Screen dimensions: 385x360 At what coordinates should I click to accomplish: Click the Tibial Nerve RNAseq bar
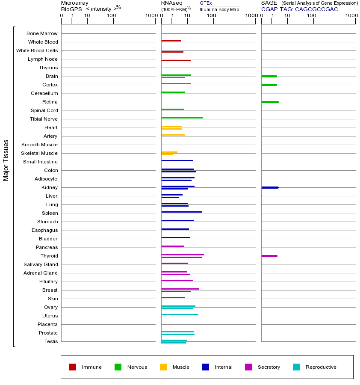point(182,118)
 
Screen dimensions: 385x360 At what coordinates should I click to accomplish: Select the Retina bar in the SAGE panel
point(270,102)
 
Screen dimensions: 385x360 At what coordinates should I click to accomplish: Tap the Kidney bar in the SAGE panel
point(270,187)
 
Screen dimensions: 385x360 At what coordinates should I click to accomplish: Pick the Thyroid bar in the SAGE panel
point(269,256)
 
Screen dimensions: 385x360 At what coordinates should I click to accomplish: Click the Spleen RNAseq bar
point(181,212)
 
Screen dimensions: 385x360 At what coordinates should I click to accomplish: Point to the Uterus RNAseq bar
point(180,314)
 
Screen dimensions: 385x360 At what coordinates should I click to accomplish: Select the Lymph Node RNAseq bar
point(176,60)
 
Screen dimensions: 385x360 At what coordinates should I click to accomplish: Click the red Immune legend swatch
point(73,367)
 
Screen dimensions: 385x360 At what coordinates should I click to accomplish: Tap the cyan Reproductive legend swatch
point(296,367)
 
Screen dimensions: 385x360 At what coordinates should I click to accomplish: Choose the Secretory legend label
point(269,367)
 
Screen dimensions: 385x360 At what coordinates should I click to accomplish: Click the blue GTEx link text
point(206,3)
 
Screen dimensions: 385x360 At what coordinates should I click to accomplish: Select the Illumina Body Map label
point(219,9)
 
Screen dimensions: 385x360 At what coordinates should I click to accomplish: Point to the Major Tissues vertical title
point(6,160)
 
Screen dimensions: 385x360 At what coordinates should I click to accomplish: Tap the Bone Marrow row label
point(42,33)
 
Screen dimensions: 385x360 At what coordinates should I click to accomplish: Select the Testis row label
point(51,341)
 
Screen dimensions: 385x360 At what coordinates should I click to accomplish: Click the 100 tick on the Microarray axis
point(112,16)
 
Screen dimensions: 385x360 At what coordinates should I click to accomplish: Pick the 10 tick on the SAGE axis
point(287,16)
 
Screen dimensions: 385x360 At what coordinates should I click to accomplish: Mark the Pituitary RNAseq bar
point(177,280)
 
